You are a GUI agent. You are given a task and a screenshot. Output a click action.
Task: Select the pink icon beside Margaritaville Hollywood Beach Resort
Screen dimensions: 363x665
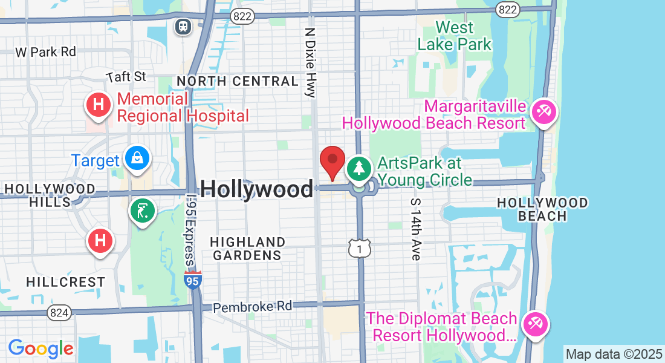544,112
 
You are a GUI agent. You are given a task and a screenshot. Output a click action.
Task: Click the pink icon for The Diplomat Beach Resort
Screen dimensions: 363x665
534,323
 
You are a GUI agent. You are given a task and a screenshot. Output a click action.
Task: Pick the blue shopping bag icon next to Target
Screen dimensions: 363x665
137,159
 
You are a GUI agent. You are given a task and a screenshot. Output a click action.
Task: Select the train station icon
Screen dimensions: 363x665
183,26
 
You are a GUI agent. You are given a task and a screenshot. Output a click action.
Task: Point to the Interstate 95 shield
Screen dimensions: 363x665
193,280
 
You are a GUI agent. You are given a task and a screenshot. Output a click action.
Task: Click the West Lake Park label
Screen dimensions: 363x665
455,36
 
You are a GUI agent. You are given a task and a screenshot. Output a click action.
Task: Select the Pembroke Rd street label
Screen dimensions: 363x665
253,306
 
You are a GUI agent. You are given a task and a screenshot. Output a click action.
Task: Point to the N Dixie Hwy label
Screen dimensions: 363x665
311,62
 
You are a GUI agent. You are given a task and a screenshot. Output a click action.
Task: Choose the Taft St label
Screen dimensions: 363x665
126,76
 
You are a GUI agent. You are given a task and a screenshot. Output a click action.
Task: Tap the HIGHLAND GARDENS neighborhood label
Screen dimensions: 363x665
247,249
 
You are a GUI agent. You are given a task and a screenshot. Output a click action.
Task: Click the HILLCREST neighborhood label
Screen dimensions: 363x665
66,282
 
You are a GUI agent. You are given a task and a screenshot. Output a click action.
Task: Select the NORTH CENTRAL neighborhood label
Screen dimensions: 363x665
237,81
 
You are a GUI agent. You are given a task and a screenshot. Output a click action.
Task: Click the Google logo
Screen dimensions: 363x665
41,348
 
